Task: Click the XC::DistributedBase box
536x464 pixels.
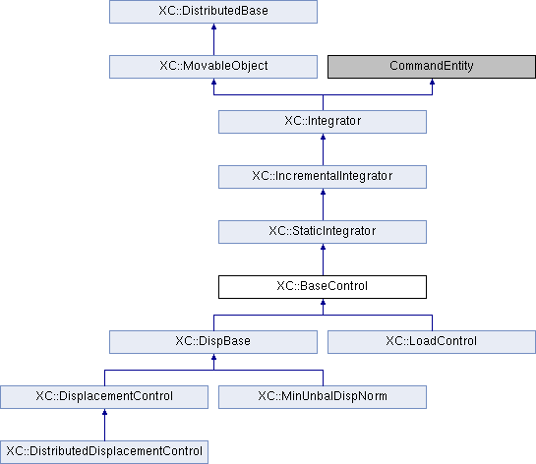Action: point(213,12)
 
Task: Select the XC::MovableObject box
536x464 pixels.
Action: point(213,67)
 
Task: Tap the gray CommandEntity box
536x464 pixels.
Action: point(432,67)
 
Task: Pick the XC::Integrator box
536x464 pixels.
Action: point(323,122)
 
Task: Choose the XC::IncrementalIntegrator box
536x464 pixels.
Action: point(323,177)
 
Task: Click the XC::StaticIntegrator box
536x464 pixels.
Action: point(323,232)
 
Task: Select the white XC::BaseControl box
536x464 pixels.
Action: point(323,287)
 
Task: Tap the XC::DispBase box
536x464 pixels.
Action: point(213,342)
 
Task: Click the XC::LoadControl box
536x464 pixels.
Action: point(432,342)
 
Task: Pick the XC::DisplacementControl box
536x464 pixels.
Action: point(104,397)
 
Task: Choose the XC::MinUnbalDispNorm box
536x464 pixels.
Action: point(323,397)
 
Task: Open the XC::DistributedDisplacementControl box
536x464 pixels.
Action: point(104,451)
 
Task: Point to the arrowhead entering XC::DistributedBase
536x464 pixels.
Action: point(214,27)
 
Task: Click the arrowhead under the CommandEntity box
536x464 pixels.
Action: point(432,82)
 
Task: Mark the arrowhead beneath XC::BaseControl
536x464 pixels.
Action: point(323,302)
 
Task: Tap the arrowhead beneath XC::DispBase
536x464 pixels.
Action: point(214,357)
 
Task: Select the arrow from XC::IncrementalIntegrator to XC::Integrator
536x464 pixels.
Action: point(323,149)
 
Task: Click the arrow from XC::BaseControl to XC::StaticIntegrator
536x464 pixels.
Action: point(323,260)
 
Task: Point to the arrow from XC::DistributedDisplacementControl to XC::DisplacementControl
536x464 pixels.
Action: point(104,425)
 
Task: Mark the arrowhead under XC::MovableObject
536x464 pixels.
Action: point(214,82)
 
